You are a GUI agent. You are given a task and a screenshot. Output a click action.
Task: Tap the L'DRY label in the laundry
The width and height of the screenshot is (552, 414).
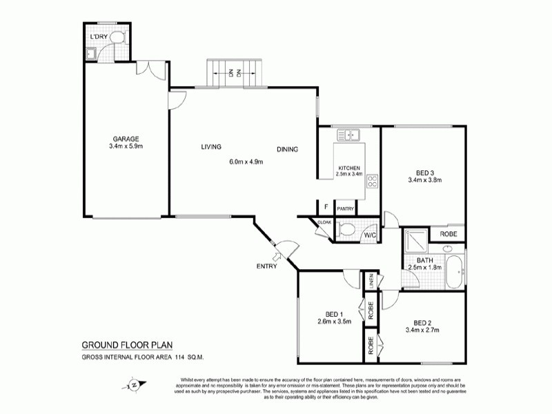[x=97, y=36]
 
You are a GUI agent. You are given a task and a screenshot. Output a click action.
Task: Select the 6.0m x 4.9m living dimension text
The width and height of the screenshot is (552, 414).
[x=246, y=161]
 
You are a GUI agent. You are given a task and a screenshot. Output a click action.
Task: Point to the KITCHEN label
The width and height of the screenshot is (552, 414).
[x=348, y=168]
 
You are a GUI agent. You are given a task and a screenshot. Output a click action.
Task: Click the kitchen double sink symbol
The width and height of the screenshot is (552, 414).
[x=351, y=134]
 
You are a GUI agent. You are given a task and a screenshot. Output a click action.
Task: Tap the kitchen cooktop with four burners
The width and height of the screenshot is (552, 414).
[x=373, y=181]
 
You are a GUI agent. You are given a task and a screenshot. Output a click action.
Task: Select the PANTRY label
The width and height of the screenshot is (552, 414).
[x=345, y=209]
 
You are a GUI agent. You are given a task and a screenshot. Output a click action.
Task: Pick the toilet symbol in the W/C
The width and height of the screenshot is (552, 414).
[x=347, y=230]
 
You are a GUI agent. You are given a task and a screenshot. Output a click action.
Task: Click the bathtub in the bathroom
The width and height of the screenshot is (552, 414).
[x=455, y=273]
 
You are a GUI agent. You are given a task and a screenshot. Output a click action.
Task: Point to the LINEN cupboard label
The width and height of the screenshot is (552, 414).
[x=371, y=280]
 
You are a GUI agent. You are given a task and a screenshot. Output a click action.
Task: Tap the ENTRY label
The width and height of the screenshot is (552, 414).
[x=266, y=266]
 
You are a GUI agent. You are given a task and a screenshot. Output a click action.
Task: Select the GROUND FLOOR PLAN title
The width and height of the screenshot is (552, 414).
[x=126, y=345]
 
